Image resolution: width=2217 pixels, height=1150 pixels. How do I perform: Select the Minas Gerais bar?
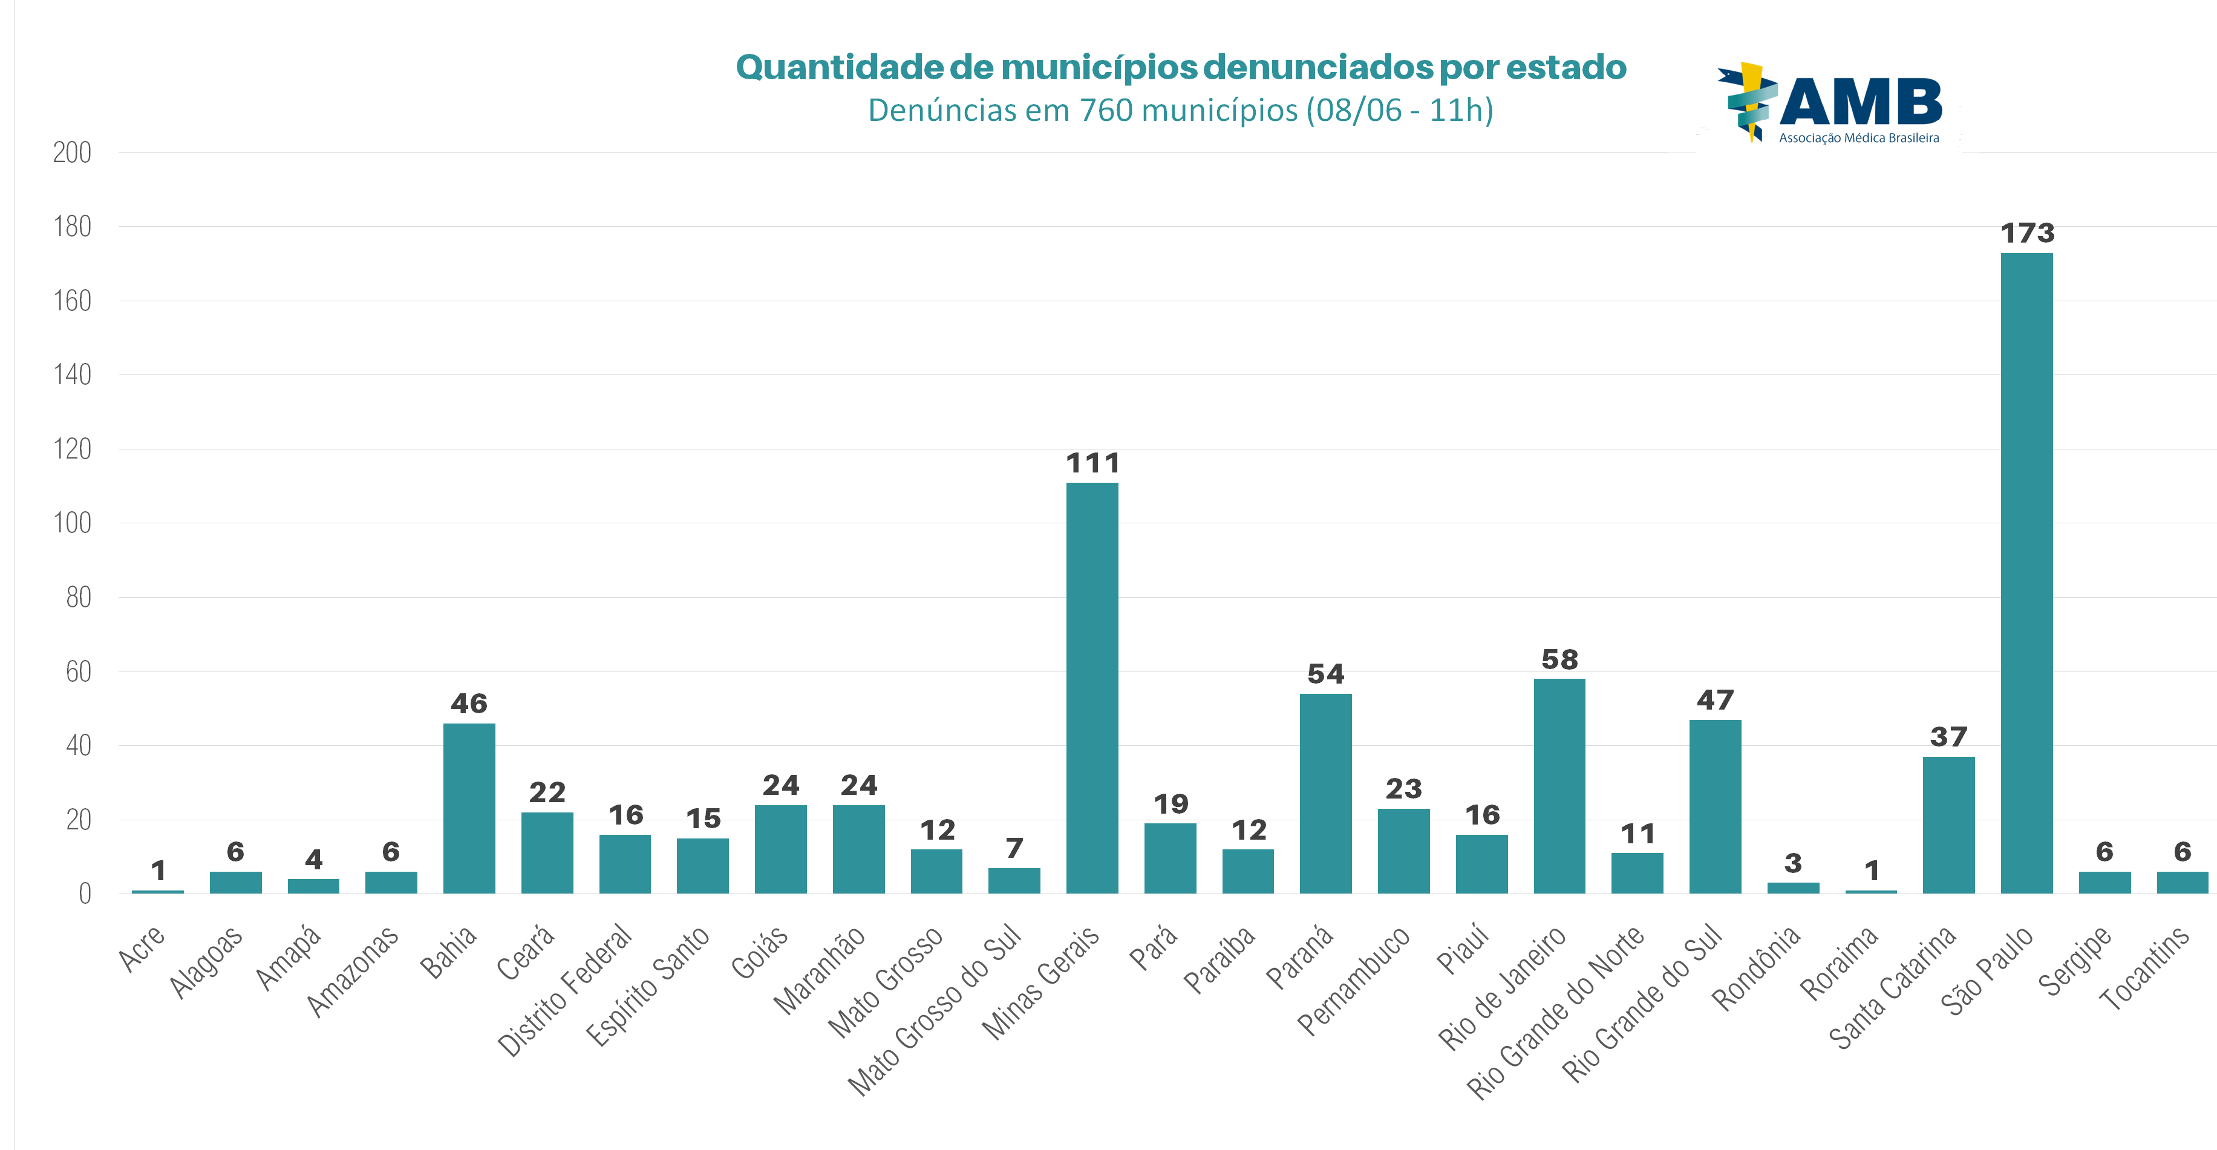[1092, 688]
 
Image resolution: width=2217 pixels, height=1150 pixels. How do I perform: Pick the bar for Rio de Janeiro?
[1559, 786]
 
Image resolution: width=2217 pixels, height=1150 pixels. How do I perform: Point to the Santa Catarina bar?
[1948, 825]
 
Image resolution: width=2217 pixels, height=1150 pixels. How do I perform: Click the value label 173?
[2027, 234]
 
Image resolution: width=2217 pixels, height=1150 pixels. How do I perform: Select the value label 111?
[1092, 464]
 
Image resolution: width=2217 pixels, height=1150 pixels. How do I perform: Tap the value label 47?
[1714, 700]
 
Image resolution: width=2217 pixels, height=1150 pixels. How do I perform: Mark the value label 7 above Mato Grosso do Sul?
[1014, 849]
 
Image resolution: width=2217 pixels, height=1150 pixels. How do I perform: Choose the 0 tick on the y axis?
[84, 894]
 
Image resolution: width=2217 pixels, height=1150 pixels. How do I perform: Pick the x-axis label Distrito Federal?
[564, 990]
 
